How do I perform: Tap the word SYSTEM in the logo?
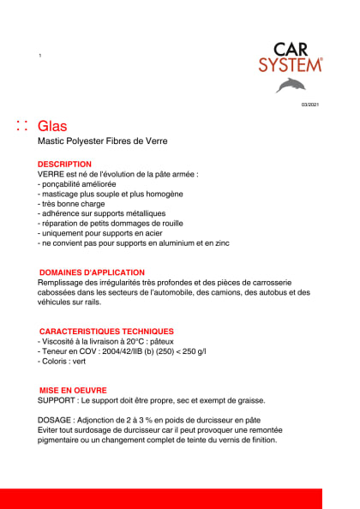tap(291, 64)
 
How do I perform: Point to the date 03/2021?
tap(309, 105)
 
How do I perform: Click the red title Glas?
tap(53, 126)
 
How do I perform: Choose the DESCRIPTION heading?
tap(64, 164)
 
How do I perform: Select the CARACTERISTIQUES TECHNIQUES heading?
tap(107, 331)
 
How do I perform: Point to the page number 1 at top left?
tap(40, 55)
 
